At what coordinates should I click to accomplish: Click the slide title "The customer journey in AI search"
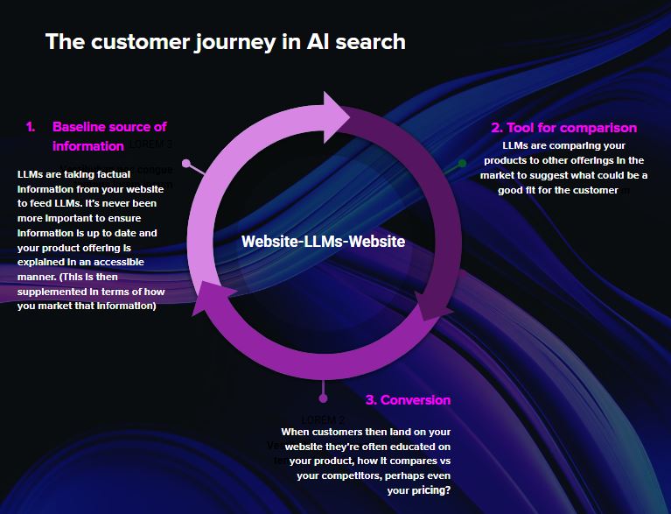[x=225, y=41]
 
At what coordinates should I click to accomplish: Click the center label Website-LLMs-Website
[x=323, y=241]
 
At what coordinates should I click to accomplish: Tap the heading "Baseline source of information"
[x=109, y=136]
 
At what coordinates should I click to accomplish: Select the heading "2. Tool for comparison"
[x=563, y=128]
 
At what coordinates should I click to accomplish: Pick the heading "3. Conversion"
[x=408, y=400]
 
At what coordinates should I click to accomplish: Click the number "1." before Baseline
[x=31, y=127]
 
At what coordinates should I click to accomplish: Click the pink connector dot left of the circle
[x=185, y=163]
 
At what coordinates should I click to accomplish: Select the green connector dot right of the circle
[x=462, y=163]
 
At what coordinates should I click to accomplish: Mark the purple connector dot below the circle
[x=323, y=398]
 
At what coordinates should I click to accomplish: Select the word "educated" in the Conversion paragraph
[x=409, y=447]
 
